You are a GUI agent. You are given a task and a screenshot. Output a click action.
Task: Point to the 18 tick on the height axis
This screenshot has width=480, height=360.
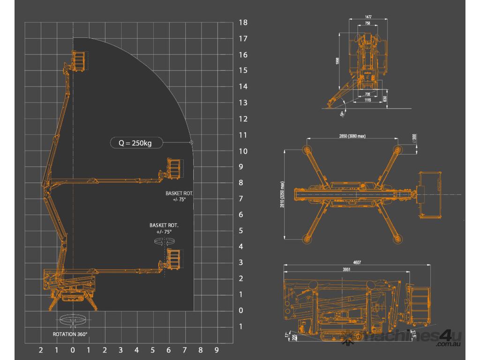243,22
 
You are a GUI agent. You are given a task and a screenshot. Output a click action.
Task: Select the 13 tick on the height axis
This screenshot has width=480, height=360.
243,103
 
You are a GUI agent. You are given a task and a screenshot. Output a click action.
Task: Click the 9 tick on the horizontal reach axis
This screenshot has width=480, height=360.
216,350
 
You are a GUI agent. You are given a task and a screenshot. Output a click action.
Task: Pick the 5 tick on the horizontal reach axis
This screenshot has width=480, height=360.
152,350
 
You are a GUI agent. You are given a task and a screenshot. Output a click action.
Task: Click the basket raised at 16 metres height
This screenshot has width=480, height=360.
80,60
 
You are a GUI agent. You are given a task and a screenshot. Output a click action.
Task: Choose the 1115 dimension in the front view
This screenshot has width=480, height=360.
368,100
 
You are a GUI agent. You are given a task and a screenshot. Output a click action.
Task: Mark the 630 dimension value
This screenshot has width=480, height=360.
385,99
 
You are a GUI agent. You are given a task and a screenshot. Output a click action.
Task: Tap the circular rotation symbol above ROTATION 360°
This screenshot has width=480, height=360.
72,321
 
